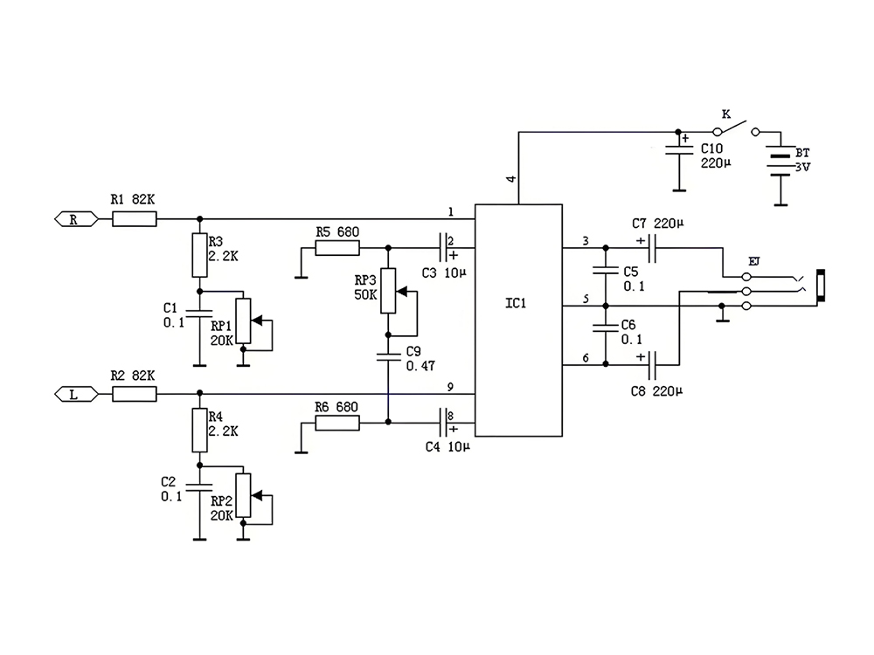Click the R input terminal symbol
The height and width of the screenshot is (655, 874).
[73, 219]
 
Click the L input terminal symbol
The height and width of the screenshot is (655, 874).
[73, 394]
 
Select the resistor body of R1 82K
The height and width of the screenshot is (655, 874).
[135, 219]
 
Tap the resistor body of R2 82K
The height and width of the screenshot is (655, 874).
[135, 394]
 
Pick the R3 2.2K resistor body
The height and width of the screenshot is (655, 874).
[200, 255]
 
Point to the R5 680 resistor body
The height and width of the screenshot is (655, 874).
[336, 249]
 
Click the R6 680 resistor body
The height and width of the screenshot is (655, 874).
[336, 424]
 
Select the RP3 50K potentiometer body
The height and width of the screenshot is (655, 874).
[388, 290]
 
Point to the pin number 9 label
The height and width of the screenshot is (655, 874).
[450, 386]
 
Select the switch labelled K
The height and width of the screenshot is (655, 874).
[739, 129]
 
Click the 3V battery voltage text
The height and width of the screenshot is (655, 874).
[802, 166]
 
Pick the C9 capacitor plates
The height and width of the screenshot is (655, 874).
[388, 355]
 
